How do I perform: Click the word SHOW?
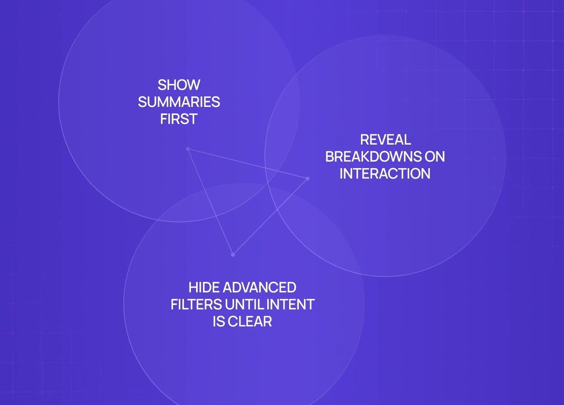tap(179, 85)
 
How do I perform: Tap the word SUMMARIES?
tap(179, 102)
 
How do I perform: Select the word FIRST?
tap(179, 119)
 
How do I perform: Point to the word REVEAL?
tap(385, 140)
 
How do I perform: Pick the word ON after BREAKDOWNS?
tap(435, 157)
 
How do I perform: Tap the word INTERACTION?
tap(385, 174)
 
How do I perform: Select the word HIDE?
tap(204, 288)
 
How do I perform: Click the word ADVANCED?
tap(259, 288)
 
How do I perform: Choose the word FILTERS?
tap(196, 305)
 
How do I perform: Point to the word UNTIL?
tap(245, 305)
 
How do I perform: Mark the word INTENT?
tap(290, 305)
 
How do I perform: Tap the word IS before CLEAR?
tap(219, 322)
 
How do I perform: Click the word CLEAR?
tap(250, 322)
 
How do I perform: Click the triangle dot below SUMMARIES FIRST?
tap(188, 149)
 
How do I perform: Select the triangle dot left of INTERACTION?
tap(308, 179)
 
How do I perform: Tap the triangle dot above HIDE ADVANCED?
tap(233, 255)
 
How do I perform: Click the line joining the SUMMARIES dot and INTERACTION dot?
tap(248, 164)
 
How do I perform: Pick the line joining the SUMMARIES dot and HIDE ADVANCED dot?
tap(210, 202)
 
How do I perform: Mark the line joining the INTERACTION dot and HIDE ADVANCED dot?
tap(270, 217)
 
